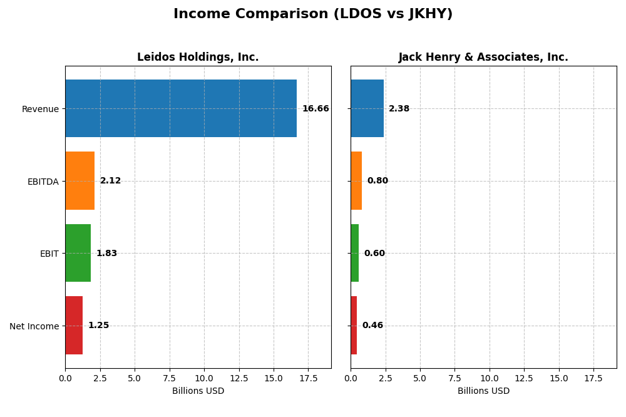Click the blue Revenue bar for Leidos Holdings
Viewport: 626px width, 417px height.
tap(180, 108)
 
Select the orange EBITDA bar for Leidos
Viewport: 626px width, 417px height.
tap(80, 181)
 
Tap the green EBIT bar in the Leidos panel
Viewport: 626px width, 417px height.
tap(78, 253)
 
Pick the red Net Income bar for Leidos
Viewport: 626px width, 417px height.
tap(74, 326)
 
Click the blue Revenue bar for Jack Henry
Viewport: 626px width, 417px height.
tap(367, 108)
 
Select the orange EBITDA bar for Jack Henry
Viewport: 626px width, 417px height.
tap(356, 181)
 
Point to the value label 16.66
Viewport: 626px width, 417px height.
tap(316, 109)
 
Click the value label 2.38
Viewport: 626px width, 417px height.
tap(399, 109)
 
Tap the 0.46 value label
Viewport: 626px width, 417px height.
tap(372, 326)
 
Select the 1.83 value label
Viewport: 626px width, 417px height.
tap(106, 254)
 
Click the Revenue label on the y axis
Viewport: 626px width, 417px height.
tap(40, 109)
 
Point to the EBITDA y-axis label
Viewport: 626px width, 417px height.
tap(43, 182)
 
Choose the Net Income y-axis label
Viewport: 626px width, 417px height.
tap(34, 326)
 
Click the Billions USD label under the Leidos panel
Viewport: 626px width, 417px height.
tap(198, 391)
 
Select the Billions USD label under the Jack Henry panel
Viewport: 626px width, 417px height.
tap(483, 391)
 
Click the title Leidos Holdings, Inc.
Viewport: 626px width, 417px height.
tap(198, 58)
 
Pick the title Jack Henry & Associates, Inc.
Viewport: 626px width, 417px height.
tap(483, 58)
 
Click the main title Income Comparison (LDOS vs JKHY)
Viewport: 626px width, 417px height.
tap(313, 14)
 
